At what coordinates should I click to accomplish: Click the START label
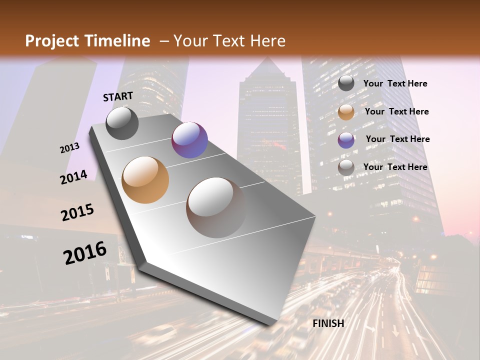(118, 96)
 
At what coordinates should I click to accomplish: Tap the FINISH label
(328, 323)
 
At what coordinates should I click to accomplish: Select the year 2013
(69, 148)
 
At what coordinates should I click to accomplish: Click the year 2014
(73, 177)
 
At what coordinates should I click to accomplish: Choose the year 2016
(85, 253)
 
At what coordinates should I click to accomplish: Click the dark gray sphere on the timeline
(122, 123)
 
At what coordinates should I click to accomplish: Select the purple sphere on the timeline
(189, 140)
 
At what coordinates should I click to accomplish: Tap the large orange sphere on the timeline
(145, 180)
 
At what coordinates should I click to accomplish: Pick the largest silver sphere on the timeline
(216, 207)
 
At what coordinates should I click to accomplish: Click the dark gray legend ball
(346, 83)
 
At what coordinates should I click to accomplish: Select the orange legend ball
(346, 112)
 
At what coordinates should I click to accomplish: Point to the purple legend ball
(346, 140)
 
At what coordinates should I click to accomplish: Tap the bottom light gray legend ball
(346, 168)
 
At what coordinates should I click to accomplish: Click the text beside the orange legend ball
(396, 111)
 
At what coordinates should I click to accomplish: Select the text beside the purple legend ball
(397, 139)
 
